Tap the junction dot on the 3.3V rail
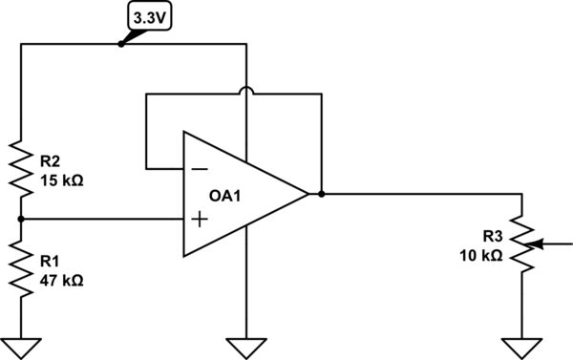(x=120, y=44)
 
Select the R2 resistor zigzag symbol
(x=21, y=164)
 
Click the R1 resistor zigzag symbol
(x=21, y=268)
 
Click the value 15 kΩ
(x=62, y=179)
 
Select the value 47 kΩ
(x=62, y=282)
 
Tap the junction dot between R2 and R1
(x=21, y=219)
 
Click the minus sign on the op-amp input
(x=199, y=169)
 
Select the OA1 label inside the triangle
(x=227, y=195)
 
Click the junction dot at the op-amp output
(x=323, y=194)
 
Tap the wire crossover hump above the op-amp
(x=246, y=92)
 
